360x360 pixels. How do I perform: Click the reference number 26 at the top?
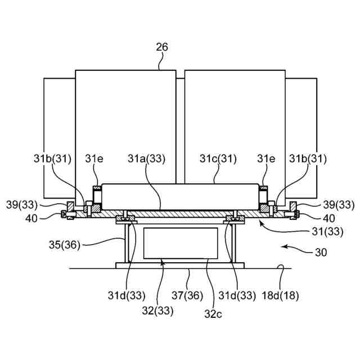tap(162, 47)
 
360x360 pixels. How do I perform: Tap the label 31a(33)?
tap(146, 159)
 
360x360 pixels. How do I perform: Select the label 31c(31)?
tap(218, 159)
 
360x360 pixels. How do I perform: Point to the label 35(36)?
tap(65, 245)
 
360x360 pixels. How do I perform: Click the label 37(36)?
tap(187, 295)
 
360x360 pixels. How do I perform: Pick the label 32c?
tap(213, 314)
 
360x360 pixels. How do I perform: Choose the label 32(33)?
tap(157, 311)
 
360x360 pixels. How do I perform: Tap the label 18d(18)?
tap(280, 295)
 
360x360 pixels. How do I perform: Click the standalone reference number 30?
tap(321, 253)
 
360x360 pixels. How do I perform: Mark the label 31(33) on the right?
tap(327, 232)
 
